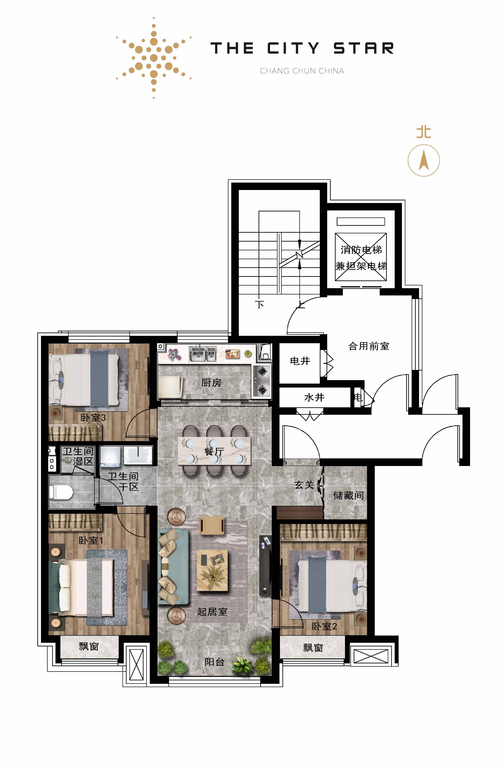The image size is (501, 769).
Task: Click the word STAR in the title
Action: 364,48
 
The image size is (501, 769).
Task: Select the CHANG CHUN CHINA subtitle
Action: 302,71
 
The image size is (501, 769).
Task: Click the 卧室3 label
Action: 93,418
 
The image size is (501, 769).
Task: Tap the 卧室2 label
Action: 324,626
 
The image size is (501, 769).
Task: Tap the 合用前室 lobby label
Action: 369,346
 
